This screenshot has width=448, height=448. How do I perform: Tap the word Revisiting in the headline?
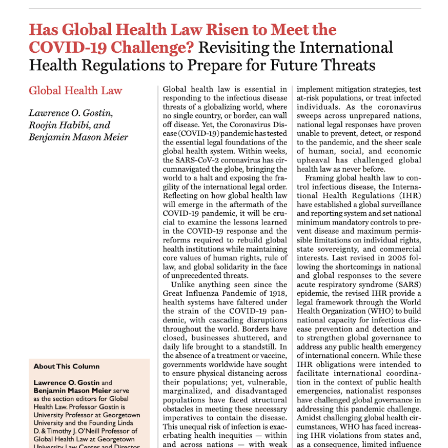point(231,47)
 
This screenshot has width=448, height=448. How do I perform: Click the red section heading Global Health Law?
point(75,91)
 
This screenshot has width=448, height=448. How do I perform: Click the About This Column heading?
point(66,366)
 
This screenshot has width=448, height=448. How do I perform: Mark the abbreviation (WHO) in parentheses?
point(379,311)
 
